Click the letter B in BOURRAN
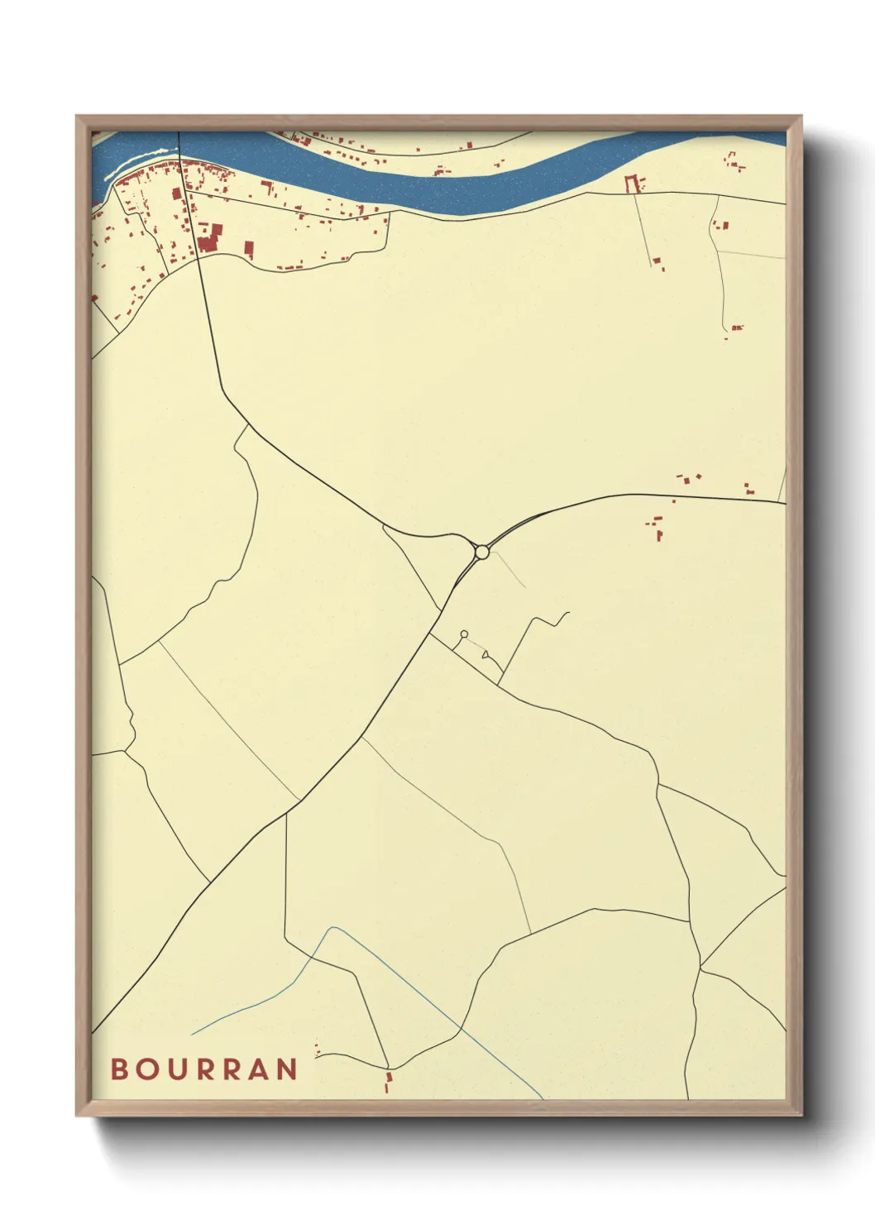click(x=120, y=1069)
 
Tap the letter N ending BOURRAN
click(x=287, y=1069)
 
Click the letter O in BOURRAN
click(x=147, y=1069)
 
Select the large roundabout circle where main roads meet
click(x=481, y=552)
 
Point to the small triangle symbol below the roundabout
click(x=485, y=655)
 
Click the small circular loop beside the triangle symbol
click(x=464, y=634)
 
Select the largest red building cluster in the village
click(x=208, y=237)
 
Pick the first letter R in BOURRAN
click(x=206, y=1069)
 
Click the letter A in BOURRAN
click(x=259, y=1069)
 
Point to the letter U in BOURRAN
click(x=176, y=1069)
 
